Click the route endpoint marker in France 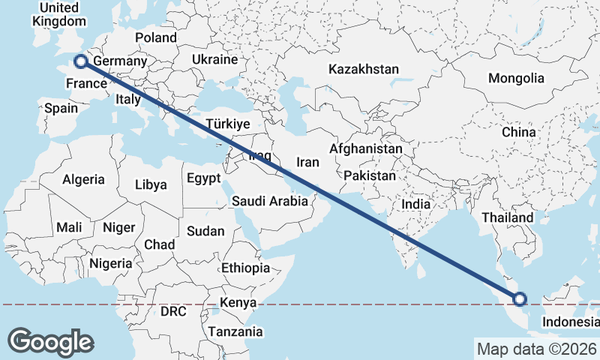[x=80, y=61]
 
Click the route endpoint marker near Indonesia [x=520, y=299]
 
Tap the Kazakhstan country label [x=363, y=69]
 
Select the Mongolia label [x=516, y=78]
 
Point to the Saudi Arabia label [x=269, y=201]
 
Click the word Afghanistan [x=365, y=149]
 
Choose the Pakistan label [x=370, y=176]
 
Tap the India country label [x=416, y=203]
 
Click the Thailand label [x=507, y=218]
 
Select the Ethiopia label [x=245, y=268]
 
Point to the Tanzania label [x=235, y=331]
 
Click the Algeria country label [x=83, y=180]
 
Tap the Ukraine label [x=214, y=59]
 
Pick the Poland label [x=156, y=37]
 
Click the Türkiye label [x=227, y=124]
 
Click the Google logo [x=50, y=341]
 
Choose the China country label [x=519, y=132]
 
